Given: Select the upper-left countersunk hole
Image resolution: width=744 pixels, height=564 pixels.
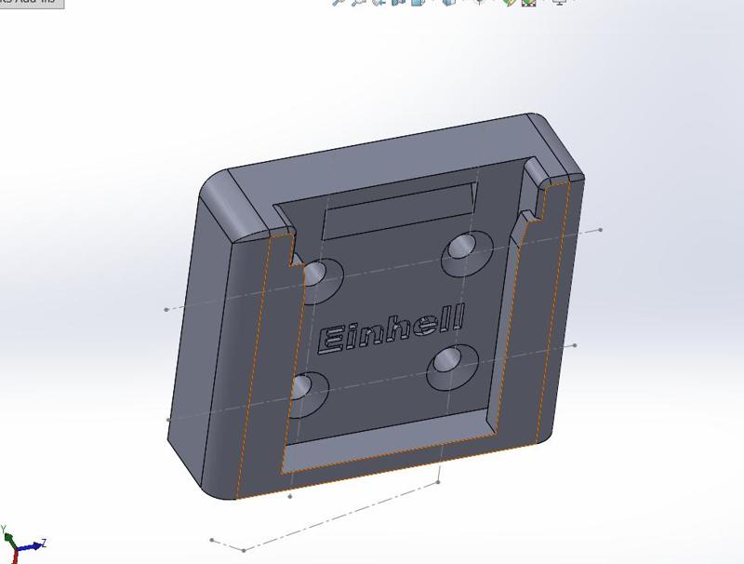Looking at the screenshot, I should (x=319, y=275).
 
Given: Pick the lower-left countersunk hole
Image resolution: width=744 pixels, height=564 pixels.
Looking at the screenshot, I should (x=309, y=386).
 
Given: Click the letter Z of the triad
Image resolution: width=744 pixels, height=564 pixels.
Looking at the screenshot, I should (x=44, y=544).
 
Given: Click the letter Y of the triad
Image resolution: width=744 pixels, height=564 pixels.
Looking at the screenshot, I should (x=4, y=530).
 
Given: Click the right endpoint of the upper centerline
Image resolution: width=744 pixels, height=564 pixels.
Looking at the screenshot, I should (x=601, y=230).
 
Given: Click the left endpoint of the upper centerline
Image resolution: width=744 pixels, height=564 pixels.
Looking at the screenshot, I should (x=166, y=309).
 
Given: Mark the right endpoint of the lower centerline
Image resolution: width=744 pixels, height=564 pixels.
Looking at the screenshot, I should (x=575, y=345).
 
